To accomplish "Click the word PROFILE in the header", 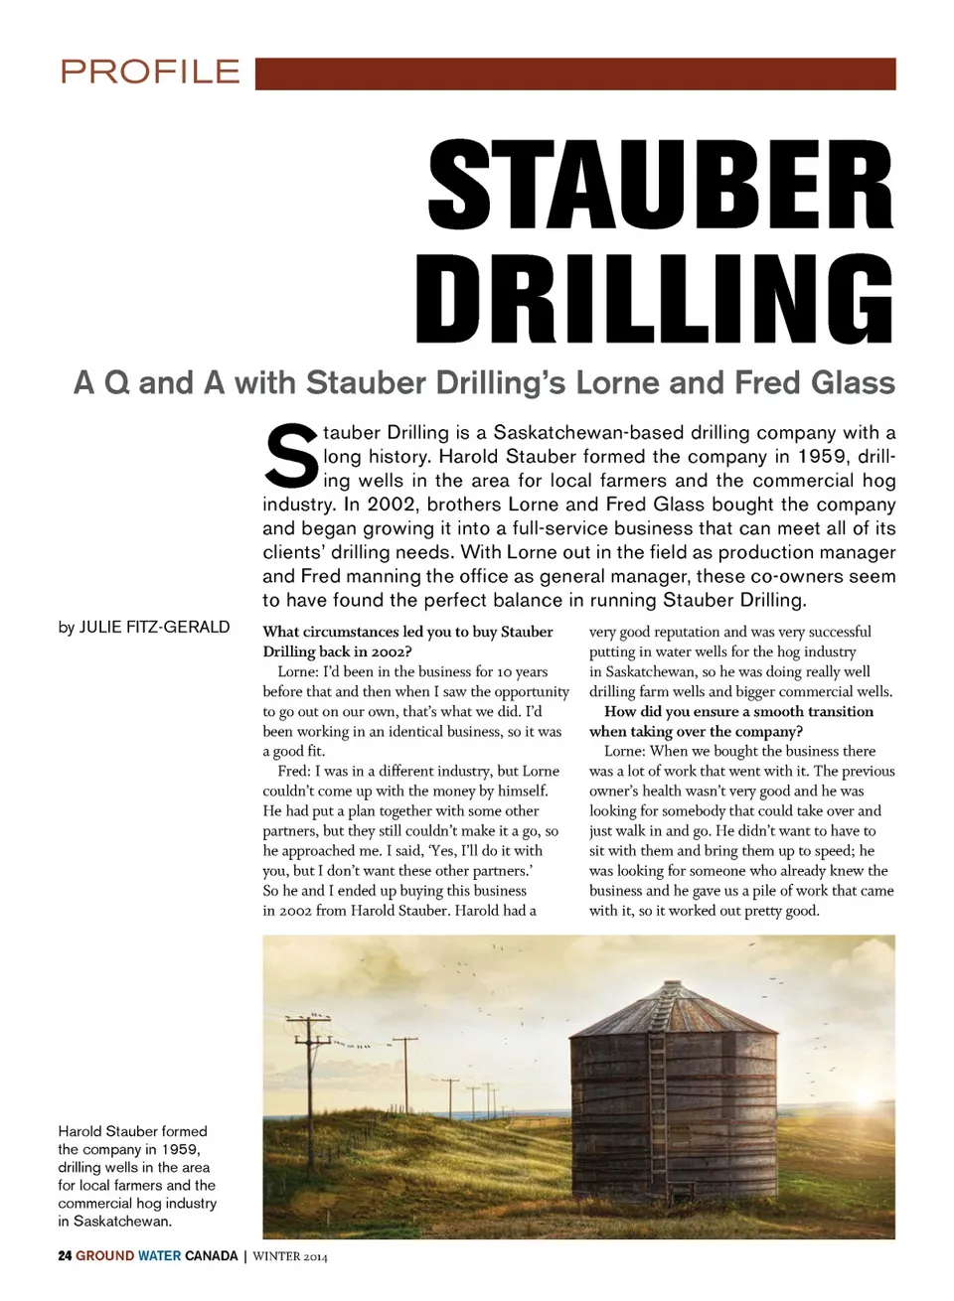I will click(x=150, y=72).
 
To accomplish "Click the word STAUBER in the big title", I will click(x=661, y=187).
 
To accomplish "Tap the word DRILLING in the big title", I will click(x=655, y=299).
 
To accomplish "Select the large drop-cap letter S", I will click(x=291, y=457).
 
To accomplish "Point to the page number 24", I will click(x=65, y=1256).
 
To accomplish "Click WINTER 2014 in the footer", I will click(x=290, y=1256).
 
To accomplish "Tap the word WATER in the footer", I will click(x=159, y=1256).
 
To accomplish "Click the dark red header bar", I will click(x=575, y=73).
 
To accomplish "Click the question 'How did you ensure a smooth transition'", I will click(x=738, y=712).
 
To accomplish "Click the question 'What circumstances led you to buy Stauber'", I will click(x=407, y=632).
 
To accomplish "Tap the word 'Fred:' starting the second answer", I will click(x=294, y=772).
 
